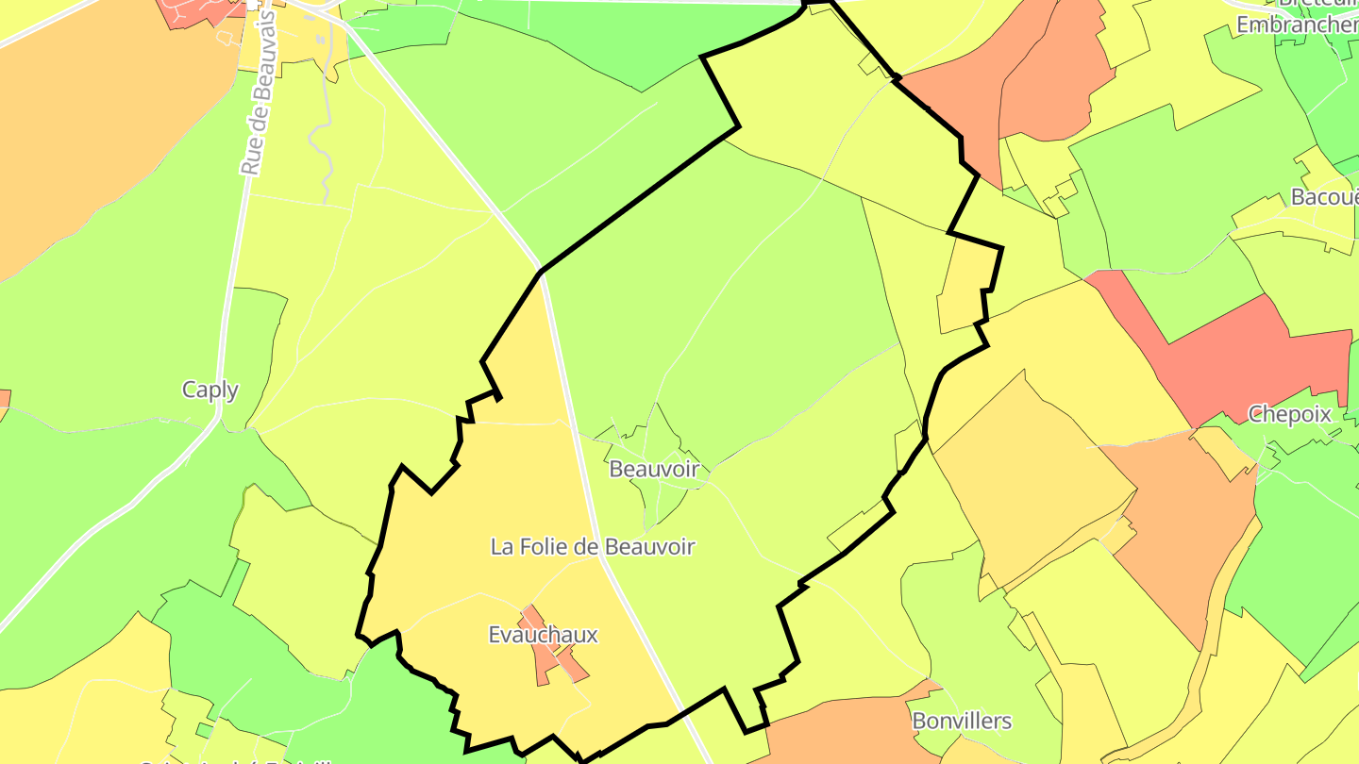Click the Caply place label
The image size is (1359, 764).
pyautogui.click(x=210, y=390)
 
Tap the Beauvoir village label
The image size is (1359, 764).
pyautogui.click(x=654, y=469)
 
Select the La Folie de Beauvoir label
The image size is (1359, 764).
pyautogui.click(x=593, y=546)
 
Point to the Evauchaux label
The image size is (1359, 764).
pyautogui.click(x=543, y=635)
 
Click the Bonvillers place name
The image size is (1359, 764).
pyautogui.click(x=962, y=722)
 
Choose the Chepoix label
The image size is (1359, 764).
pyautogui.click(x=1289, y=413)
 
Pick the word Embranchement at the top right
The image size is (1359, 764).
pyautogui.click(x=1297, y=25)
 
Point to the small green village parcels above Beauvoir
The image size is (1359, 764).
pyautogui.click(x=651, y=434)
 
